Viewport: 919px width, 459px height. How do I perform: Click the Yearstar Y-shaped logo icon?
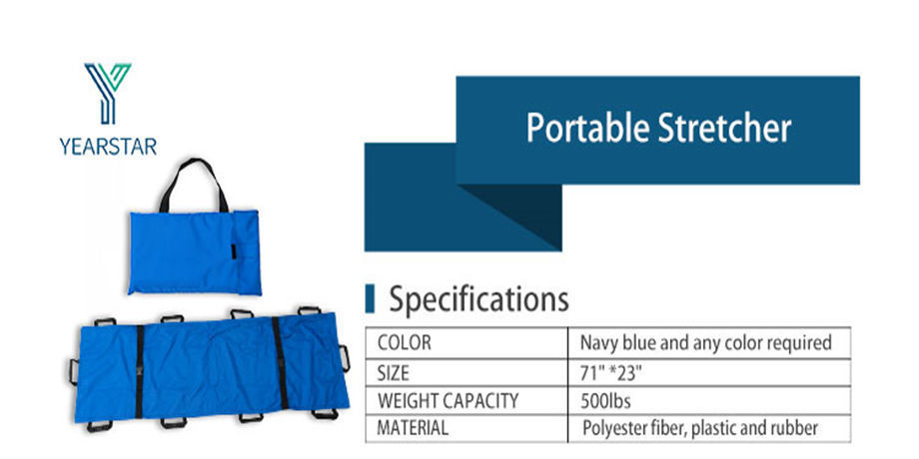pyautogui.click(x=107, y=93)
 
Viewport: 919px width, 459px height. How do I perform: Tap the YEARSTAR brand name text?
pyautogui.click(x=108, y=147)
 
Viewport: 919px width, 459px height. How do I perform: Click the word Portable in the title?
pyautogui.click(x=587, y=128)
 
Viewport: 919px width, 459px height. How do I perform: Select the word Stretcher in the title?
pyautogui.click(x=724, y=128)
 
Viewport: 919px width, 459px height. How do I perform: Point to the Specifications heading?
pyautogui.click(x=478, y=299)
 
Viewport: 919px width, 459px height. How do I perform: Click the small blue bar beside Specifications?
pyautogui.click(x=370, y=298)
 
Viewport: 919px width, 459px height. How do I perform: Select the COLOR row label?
pyautogui.click(x=404, y=342)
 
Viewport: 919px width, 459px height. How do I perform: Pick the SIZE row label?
pyautogui.click(x=394, y=373)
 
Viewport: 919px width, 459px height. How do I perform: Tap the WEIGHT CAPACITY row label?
pyautogui.click(x=448, y=401)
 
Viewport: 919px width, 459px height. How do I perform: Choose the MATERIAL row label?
pyautogui.click(x=413, y=427)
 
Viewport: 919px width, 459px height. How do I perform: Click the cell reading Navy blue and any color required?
pyautogui.click(x=705, y=342)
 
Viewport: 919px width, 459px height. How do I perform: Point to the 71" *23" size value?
pyautogui.click(x=610, y=373)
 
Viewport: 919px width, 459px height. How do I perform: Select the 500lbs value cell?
pyautogui.click(x=605, y=401)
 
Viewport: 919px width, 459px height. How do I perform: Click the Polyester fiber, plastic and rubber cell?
pyautogui.click(x=700, y=428)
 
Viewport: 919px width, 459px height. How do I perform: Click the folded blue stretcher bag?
pyautogui.click(x=195, y=252)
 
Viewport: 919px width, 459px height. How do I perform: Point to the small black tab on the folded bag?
pyautogui.click(x=234, y=250)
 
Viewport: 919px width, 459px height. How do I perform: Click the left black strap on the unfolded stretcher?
pyautogui.click(x=140, y=372)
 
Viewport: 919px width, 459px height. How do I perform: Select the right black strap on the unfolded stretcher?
pyautogui.click(x=280, y=363)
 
